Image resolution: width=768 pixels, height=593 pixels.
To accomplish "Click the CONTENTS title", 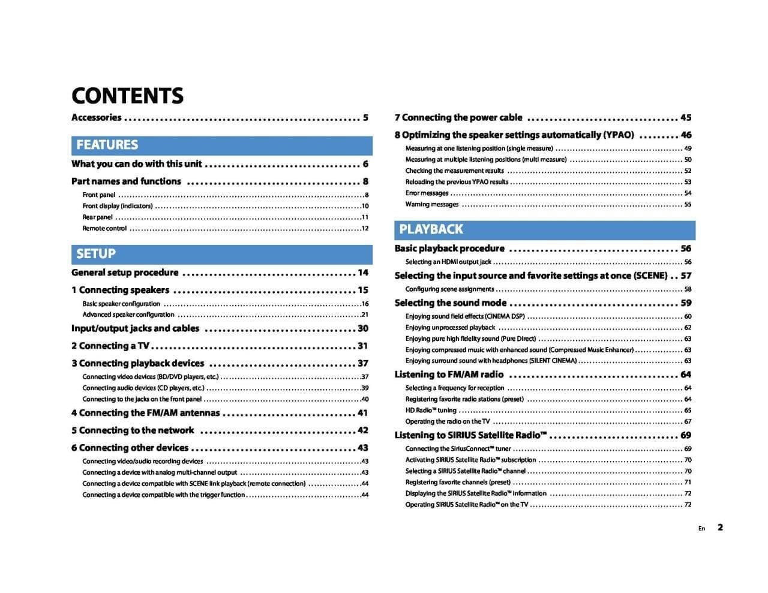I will click(x=127, y=95).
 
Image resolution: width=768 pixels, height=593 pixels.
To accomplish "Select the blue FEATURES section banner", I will click(x=221, y=145).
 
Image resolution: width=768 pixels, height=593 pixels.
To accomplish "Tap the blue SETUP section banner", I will click(x=221, y=254).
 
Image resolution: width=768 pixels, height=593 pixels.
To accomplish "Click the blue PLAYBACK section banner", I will click(x=544, y=229).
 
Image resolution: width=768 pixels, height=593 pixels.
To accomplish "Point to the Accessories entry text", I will click(x=96, y=118).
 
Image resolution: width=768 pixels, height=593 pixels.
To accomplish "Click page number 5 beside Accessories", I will click(x=365, y=118).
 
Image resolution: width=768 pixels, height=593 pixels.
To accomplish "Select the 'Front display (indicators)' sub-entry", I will click(x=118, y=206).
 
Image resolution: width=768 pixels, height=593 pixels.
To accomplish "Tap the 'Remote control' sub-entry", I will click(x=104, y=228).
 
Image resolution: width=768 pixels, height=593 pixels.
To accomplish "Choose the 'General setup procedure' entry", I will click(x=125, y=272).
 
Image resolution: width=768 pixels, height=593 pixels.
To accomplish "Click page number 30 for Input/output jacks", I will click(x=363, y=328).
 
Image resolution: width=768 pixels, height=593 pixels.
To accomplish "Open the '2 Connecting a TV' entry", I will click(x=110, y=346).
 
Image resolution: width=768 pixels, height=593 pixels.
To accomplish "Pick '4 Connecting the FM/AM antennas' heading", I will click(x=145, y=413).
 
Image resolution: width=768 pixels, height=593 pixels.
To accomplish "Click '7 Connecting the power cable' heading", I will click(x=458, y=118).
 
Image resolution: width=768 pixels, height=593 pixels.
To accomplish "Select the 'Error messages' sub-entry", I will click(x=427, y=193).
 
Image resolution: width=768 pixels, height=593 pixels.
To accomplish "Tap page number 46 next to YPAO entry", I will click(x=686, y=135).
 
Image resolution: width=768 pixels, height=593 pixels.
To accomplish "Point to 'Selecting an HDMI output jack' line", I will click(x=448, y=262).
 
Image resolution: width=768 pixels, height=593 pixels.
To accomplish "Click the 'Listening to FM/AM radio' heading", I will click(x=449, y=375).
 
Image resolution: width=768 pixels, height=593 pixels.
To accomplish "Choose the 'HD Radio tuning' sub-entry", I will click(x=430, y=411).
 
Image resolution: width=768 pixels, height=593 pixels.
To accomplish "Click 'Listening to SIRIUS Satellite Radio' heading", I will click(x=470, y=435).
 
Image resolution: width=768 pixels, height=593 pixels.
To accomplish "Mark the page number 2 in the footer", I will click(x=720, y=528).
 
